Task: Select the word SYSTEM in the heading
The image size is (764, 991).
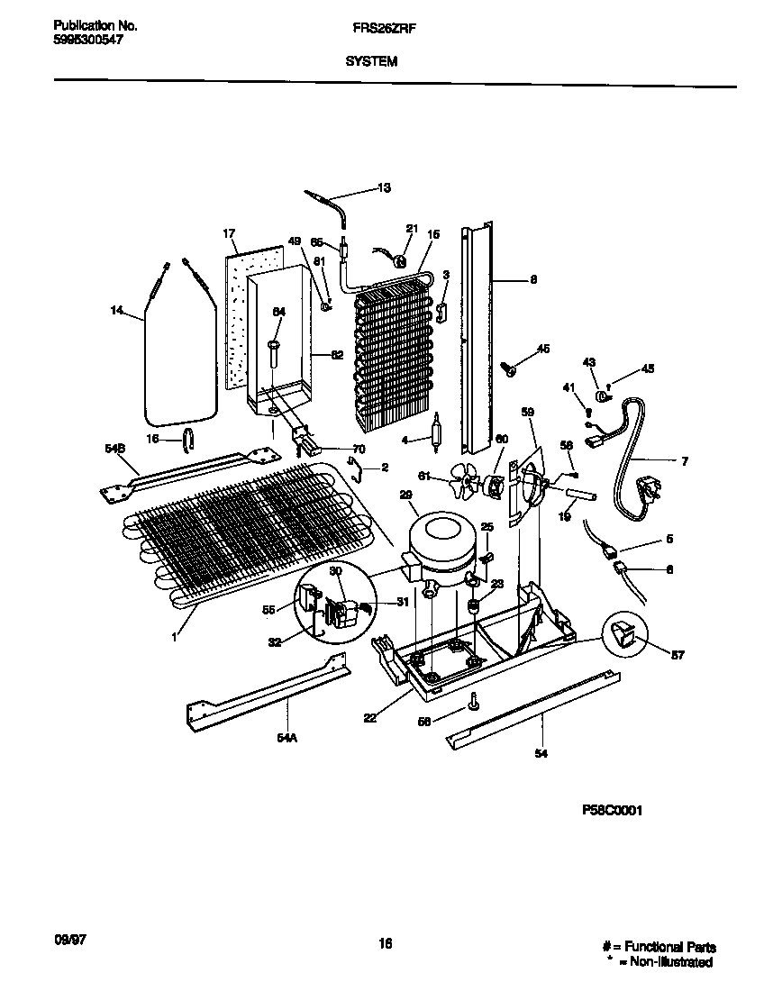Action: click(x=369, y=62)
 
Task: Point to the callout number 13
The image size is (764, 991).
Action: click(x=384, y=188)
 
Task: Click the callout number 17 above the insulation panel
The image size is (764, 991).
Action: click(x=229, y=233)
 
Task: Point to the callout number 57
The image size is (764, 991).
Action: click(x=678, y=655)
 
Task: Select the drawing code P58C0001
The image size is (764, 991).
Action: click(x=613, y=810)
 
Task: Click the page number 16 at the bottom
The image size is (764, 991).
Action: click(x=385, y=944)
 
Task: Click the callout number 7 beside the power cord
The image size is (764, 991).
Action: click(x=684, y=462)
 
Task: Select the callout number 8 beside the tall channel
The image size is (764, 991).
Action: click(x=533, y=279)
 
